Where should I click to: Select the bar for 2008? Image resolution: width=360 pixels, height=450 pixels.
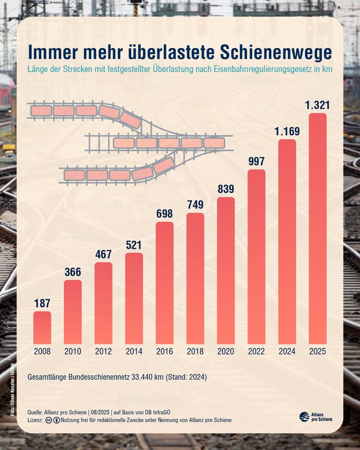tap(42, 328)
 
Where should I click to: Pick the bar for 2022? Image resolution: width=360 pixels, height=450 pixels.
tap(256, 256)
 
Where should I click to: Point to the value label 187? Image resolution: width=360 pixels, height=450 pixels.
tap(42, 303)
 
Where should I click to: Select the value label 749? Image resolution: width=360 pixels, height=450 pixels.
tap(195, 205)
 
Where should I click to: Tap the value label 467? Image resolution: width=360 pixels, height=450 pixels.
tap(103, 254)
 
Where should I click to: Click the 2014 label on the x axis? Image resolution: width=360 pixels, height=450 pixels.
tap(134, 351)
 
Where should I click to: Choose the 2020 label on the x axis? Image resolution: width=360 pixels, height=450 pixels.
tap(226, 351)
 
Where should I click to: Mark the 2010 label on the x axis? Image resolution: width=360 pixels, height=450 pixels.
tap(73, 351)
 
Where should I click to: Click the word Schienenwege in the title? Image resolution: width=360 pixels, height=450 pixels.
tap(276, 52)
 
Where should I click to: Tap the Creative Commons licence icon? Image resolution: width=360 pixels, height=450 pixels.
tap(48, 420)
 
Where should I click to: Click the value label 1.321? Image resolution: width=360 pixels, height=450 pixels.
tap(318, 106)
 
